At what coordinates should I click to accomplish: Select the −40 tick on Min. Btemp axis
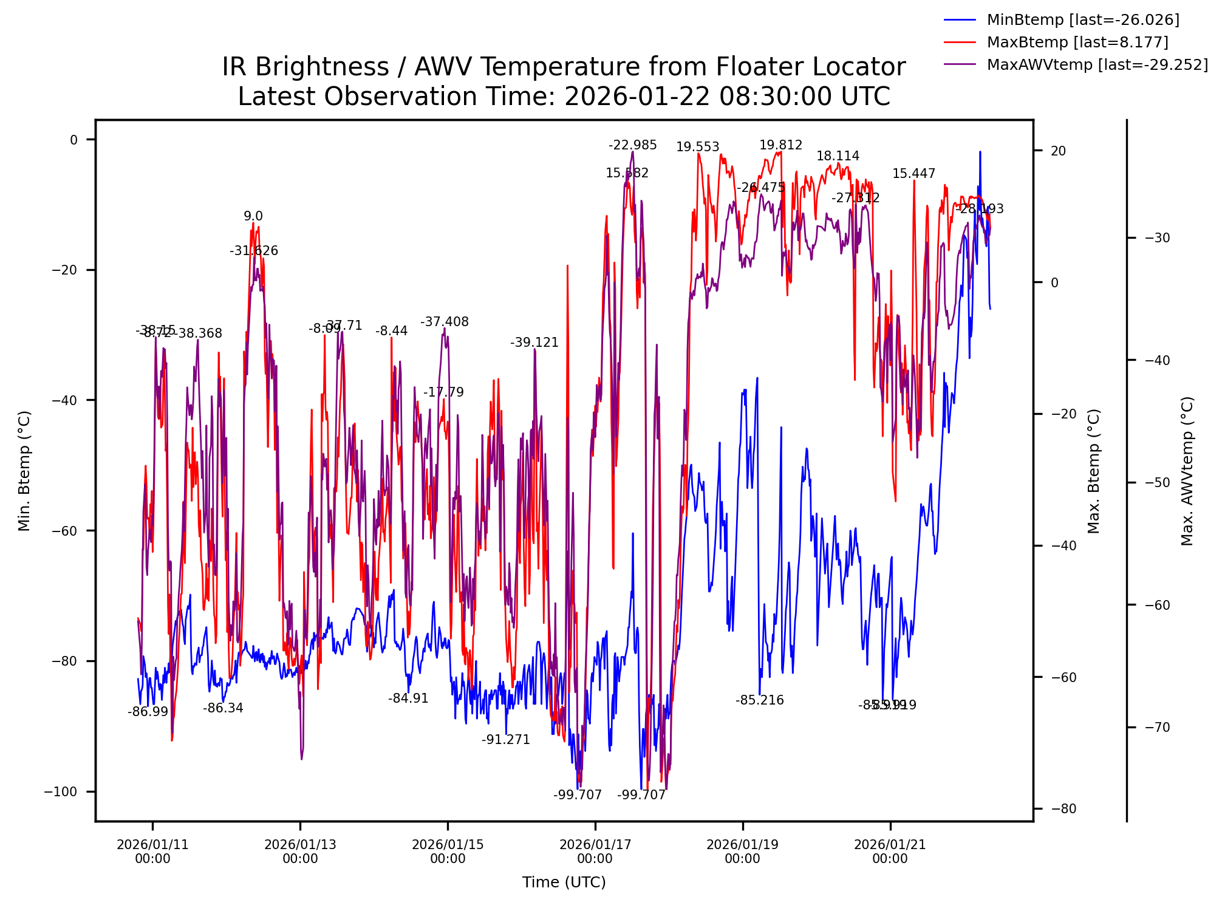65,400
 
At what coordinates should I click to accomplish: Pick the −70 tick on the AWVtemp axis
1157,728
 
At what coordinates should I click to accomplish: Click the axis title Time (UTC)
564,882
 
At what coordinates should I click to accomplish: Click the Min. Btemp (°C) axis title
24,471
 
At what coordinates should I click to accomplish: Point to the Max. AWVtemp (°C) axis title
1187,471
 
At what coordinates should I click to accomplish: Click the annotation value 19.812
780,145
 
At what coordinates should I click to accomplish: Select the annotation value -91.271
506,740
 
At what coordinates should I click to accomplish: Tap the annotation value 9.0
253,216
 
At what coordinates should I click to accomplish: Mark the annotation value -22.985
633,145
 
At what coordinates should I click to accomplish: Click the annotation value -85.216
760,700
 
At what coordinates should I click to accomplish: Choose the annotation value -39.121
534,343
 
